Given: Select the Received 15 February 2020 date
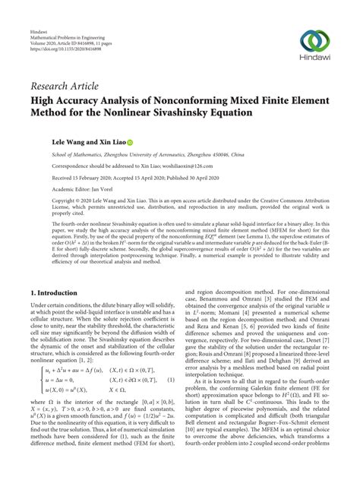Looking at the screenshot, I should pos(78,177).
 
